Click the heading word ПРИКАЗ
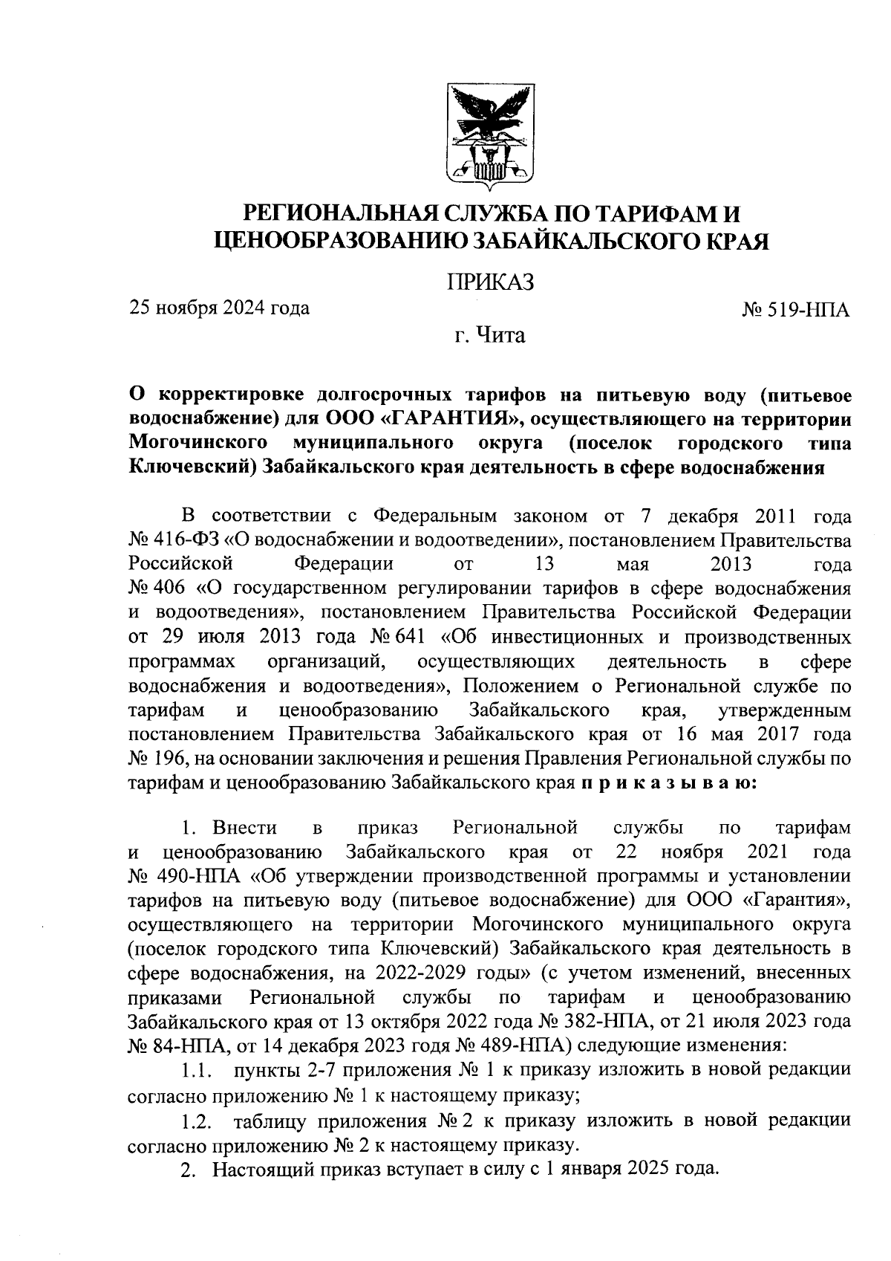click(x=490, y=282)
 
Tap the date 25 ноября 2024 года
click(x=220, y=307)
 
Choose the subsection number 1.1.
click(x=197, y=1071)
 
